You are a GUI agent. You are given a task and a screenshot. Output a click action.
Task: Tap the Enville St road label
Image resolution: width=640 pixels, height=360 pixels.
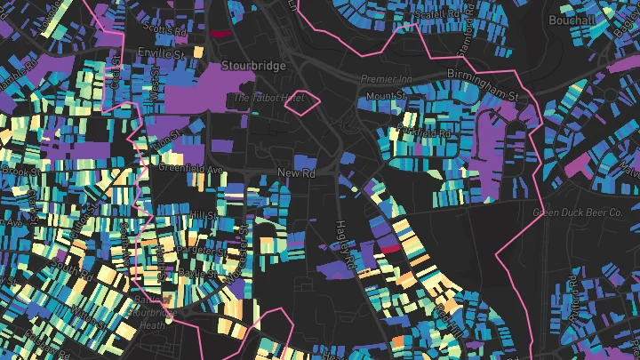point(159,54)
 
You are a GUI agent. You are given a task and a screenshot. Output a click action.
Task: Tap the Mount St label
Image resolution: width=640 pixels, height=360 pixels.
point(385,95)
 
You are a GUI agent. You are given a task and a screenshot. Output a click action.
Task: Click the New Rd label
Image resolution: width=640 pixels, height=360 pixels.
point(297,172)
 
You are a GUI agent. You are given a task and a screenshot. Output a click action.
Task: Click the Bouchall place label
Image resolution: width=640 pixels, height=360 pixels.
point(572,20)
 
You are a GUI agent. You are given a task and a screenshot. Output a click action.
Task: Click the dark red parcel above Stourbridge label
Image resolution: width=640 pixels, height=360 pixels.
point(220,34)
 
